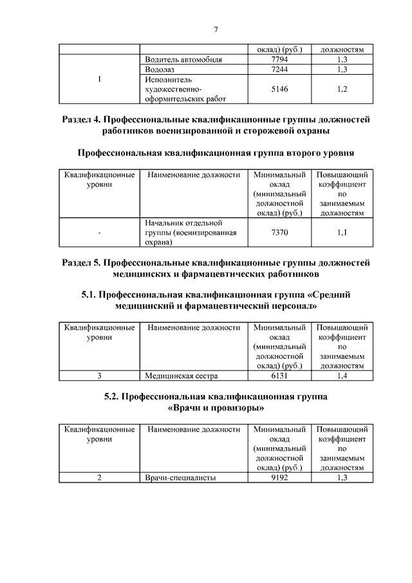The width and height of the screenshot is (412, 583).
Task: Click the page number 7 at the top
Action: (216, 29)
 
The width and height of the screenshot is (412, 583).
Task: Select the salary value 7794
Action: (279, 59)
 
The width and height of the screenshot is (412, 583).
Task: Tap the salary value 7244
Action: (279, 69)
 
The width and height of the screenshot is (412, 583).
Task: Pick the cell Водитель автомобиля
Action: (183, 59)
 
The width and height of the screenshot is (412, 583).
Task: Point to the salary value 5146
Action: (279, 89)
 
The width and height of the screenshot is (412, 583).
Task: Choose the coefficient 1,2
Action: (342, 89)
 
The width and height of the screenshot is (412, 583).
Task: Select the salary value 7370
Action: (279, 233)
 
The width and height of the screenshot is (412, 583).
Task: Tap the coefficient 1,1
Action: (342, 233)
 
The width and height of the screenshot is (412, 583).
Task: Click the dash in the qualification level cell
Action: (100, 233)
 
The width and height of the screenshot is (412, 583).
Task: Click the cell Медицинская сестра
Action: (182, 375)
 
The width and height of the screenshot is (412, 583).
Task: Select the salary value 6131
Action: (279, 375)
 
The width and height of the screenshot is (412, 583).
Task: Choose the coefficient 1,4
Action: (342, 375)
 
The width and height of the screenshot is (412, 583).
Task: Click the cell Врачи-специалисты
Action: (180, 477)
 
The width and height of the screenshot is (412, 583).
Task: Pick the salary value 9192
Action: (279, 477)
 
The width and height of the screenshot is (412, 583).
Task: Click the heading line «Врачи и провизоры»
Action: (216, 408)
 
